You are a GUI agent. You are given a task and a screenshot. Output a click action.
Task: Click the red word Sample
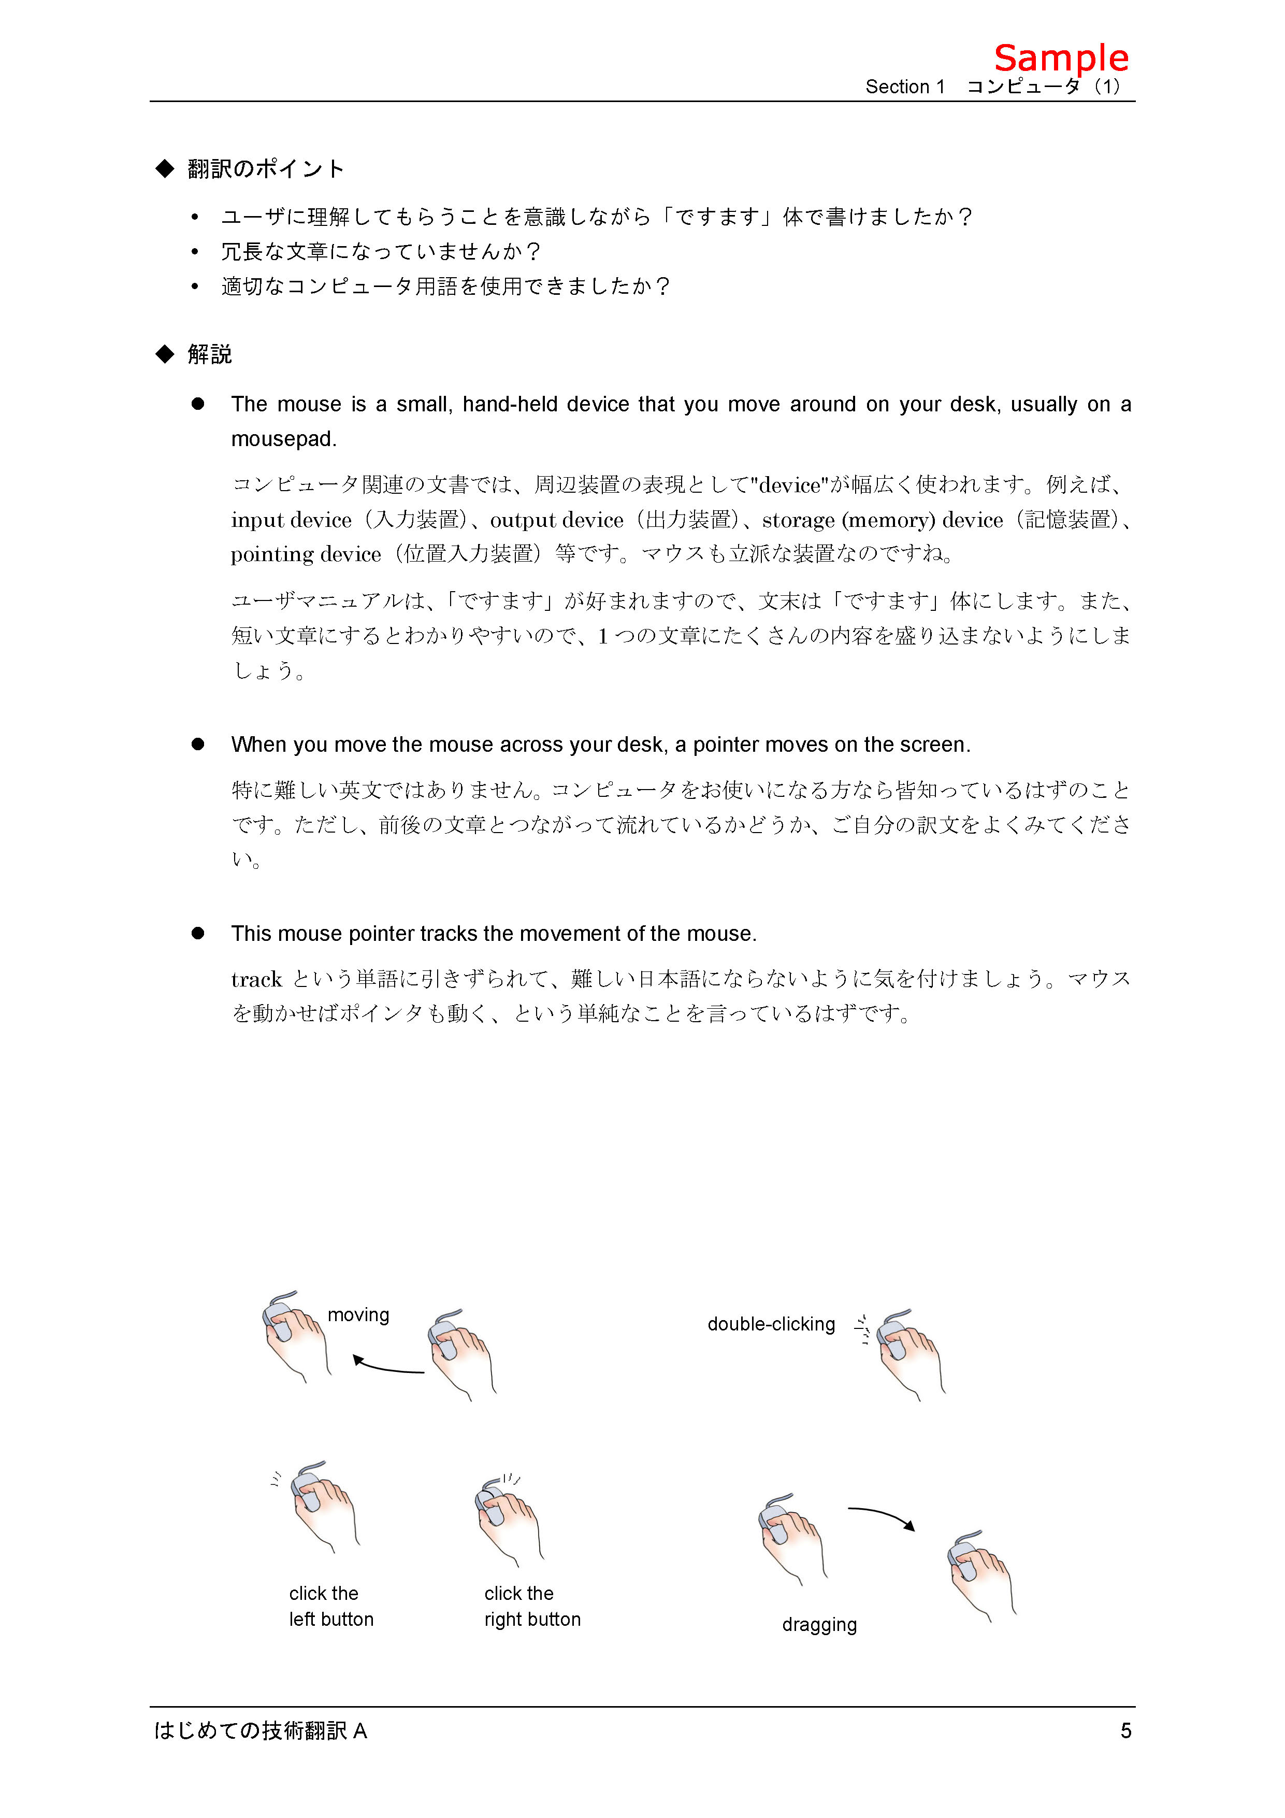(x=1060, y=59)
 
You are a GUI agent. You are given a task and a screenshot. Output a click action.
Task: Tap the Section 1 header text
(x=904, y=87)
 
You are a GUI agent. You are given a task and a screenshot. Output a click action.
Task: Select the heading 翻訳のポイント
(x=265, y=169)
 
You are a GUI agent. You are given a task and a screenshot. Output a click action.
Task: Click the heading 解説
(x=209, y=354)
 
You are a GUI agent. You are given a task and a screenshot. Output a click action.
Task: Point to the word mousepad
(x=283, y=439)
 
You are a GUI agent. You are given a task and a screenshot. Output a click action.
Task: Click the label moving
(x=358, y=1315)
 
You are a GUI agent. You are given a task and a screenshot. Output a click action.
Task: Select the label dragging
(x=819, y=1625)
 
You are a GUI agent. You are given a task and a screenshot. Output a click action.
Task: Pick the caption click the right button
(x=532, y=1606)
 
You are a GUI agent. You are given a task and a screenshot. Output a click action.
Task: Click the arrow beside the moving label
(x=388, y=1366)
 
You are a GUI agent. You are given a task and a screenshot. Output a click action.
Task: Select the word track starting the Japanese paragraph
(x=256, y=980)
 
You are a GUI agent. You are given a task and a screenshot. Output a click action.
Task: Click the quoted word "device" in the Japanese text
(x=789, y=484)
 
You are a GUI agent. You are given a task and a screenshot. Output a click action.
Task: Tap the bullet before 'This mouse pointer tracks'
(x=198, y=934)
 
